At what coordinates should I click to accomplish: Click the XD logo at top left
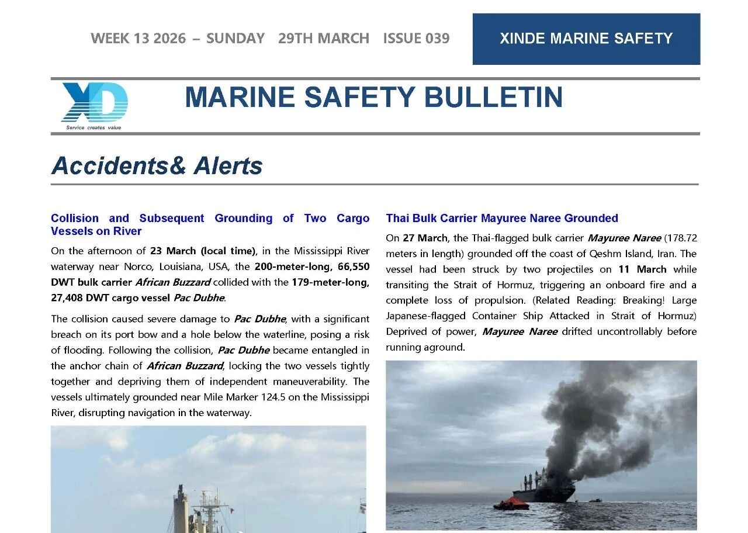pos(94,104)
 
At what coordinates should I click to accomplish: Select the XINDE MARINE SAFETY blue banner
pos(586,39)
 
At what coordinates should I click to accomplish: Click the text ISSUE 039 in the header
pos(416,39)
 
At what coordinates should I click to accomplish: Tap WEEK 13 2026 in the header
pos(138,39)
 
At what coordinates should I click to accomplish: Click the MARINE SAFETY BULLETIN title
pos(373,98)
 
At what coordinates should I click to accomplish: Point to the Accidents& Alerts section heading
pos(157,166)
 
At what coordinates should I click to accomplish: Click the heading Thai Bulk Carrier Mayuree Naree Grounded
pos(501,219)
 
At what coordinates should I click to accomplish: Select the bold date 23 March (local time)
pos(203,251)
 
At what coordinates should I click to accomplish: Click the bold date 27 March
pos(424,238)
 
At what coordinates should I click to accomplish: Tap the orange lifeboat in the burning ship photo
pos(512,503)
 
